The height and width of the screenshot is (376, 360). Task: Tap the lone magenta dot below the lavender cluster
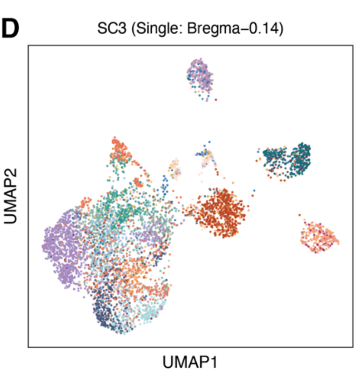[216, 99]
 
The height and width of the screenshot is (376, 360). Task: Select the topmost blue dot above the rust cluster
[210, 142]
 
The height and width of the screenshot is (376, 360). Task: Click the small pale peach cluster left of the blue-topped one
[175, 167]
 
